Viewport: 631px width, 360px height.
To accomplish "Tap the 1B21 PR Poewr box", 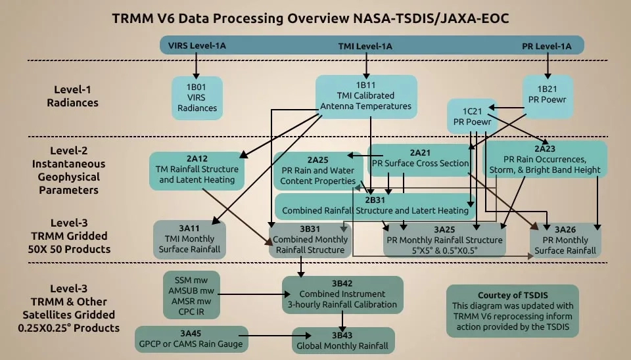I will tap(548, 93).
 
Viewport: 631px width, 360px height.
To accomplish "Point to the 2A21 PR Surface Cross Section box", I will tap(421, 158).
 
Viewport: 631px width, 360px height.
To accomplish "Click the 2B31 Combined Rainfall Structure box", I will tap(375, 206).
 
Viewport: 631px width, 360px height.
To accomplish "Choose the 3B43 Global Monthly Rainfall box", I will tap(342, 341).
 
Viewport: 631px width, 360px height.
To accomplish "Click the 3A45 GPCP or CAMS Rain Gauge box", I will tap(192, 339).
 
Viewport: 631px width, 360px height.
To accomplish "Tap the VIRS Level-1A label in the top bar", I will tap(197, 46).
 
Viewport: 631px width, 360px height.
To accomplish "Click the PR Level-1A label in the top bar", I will tap(546, 46).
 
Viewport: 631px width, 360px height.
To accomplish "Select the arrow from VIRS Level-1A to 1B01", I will tap(196, 66).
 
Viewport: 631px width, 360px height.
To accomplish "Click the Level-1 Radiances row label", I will tap(76, 96).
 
